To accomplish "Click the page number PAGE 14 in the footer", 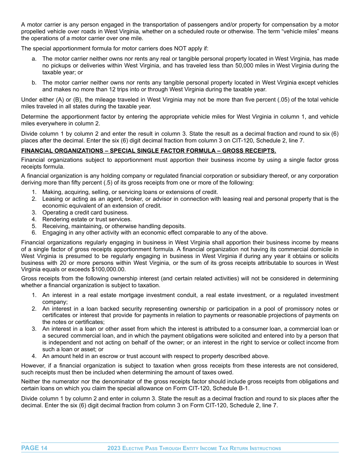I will click(34, 448).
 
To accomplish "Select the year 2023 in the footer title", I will click(114, 448).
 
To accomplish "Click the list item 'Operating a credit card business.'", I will click(85, 213).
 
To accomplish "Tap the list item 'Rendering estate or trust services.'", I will click(87, 219).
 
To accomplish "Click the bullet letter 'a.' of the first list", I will click(34, 59).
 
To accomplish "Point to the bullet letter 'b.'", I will click(34, 83).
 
